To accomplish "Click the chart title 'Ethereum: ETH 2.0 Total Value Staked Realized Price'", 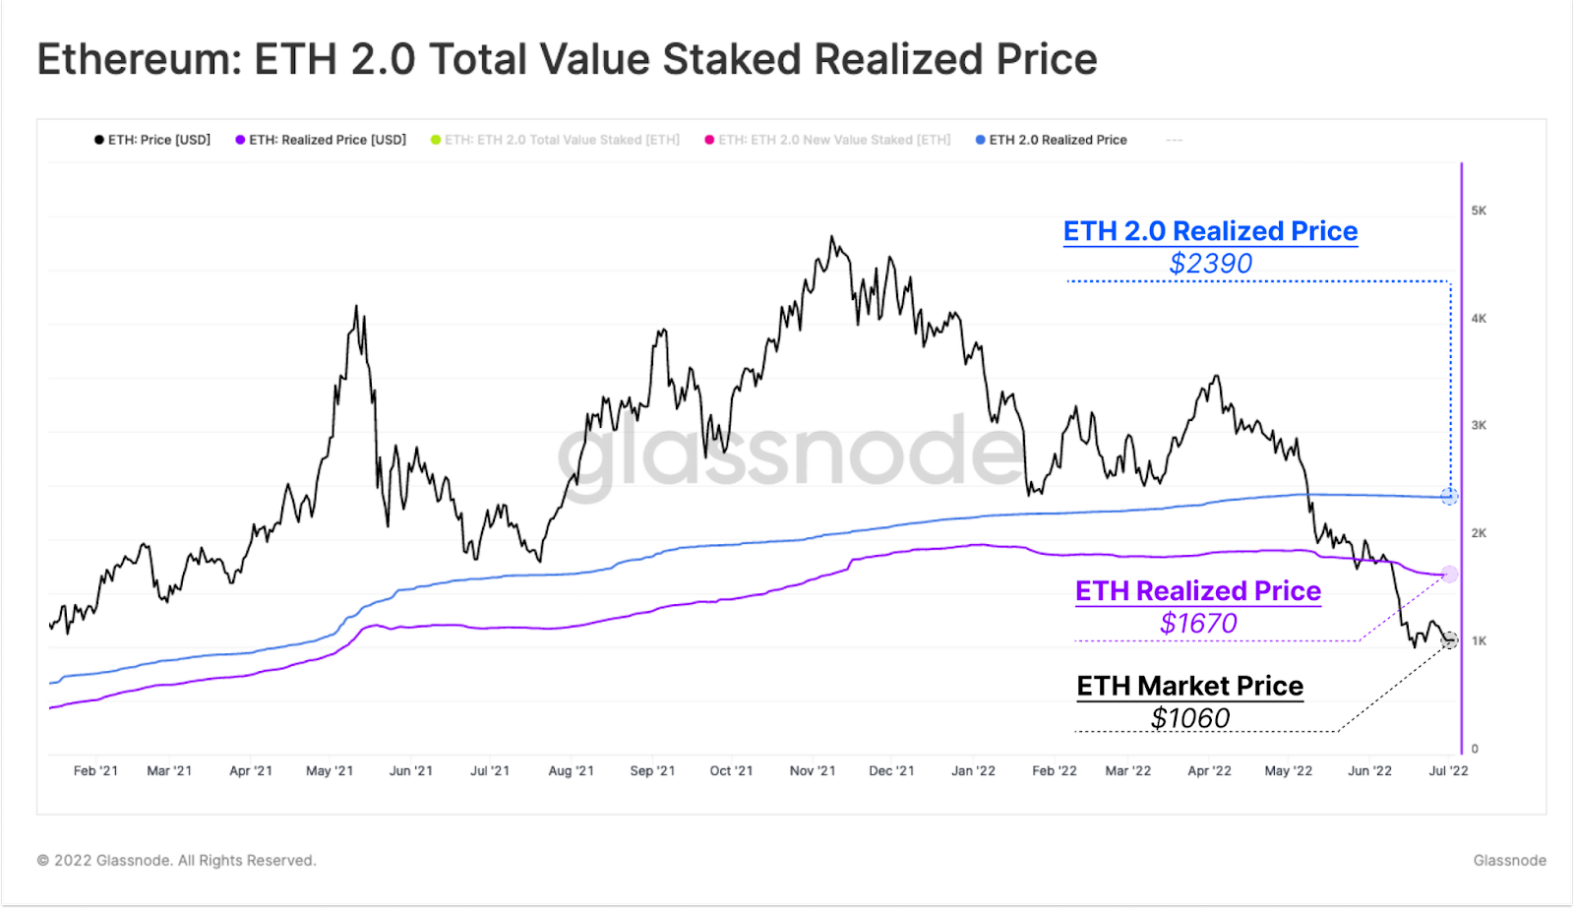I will (x=567, y=59).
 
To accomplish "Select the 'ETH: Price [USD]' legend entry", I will (x=152, y=140).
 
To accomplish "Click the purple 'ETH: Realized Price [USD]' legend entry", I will (x=321, y=140).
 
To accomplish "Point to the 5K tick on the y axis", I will (x=1479, y=211).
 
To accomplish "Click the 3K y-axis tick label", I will (x=1479, y=426).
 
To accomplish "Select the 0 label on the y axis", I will (x=1475, y=749).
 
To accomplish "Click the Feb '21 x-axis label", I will (x=95, y=770).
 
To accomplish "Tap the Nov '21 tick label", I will (x=813, y=770).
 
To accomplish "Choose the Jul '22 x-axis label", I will (x=1448, y=770).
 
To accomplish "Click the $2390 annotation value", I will (x=1210, y=264).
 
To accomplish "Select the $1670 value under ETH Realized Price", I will (x=1198, y=623).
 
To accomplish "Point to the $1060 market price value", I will (x=1190, y=718).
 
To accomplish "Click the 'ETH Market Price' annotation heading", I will (x=1190, y=686).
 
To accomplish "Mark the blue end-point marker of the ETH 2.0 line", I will (x=1449, y=496).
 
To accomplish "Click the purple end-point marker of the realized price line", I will (x=1449, y=574).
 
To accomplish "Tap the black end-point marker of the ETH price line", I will (x=1449, y=640).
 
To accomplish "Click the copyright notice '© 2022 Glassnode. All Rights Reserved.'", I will (x=177, y=861).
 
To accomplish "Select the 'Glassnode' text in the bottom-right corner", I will (x=1509, y=861).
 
